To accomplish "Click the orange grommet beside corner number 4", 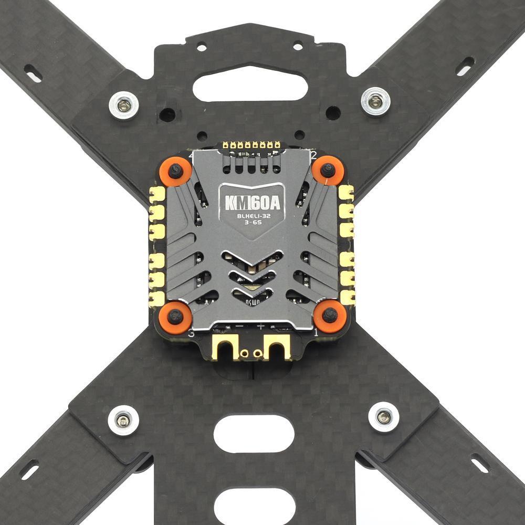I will coord(174,171).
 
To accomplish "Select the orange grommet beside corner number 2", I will coord(328,170).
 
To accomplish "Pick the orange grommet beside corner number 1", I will coord(330,316).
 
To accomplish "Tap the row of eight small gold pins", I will coord(251,144).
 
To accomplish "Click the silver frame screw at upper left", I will coord(124,105).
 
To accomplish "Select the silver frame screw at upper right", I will coord(375,101).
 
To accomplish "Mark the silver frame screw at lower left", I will coord(124,420).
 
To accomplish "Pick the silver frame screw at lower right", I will coord(384,417).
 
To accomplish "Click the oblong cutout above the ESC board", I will coord(250,86).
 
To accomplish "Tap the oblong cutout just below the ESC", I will coord(254,434).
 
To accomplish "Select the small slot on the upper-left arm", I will coord(33,73).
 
